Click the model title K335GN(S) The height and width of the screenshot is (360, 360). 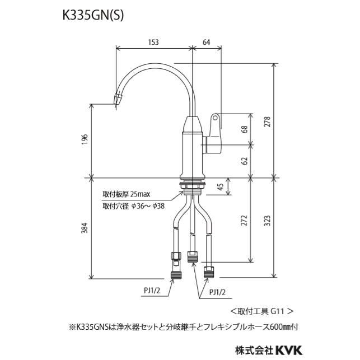tap(93, 16)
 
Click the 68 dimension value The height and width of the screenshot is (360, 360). tap(244, 129)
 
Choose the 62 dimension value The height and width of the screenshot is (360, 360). tap(244, 161)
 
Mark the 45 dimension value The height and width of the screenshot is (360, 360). tap(220, 187)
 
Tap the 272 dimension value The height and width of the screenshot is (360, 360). tap(244, 221)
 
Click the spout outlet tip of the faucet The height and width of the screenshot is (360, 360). tap(119, 100)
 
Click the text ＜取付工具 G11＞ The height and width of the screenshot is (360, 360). tap(261, 310)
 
